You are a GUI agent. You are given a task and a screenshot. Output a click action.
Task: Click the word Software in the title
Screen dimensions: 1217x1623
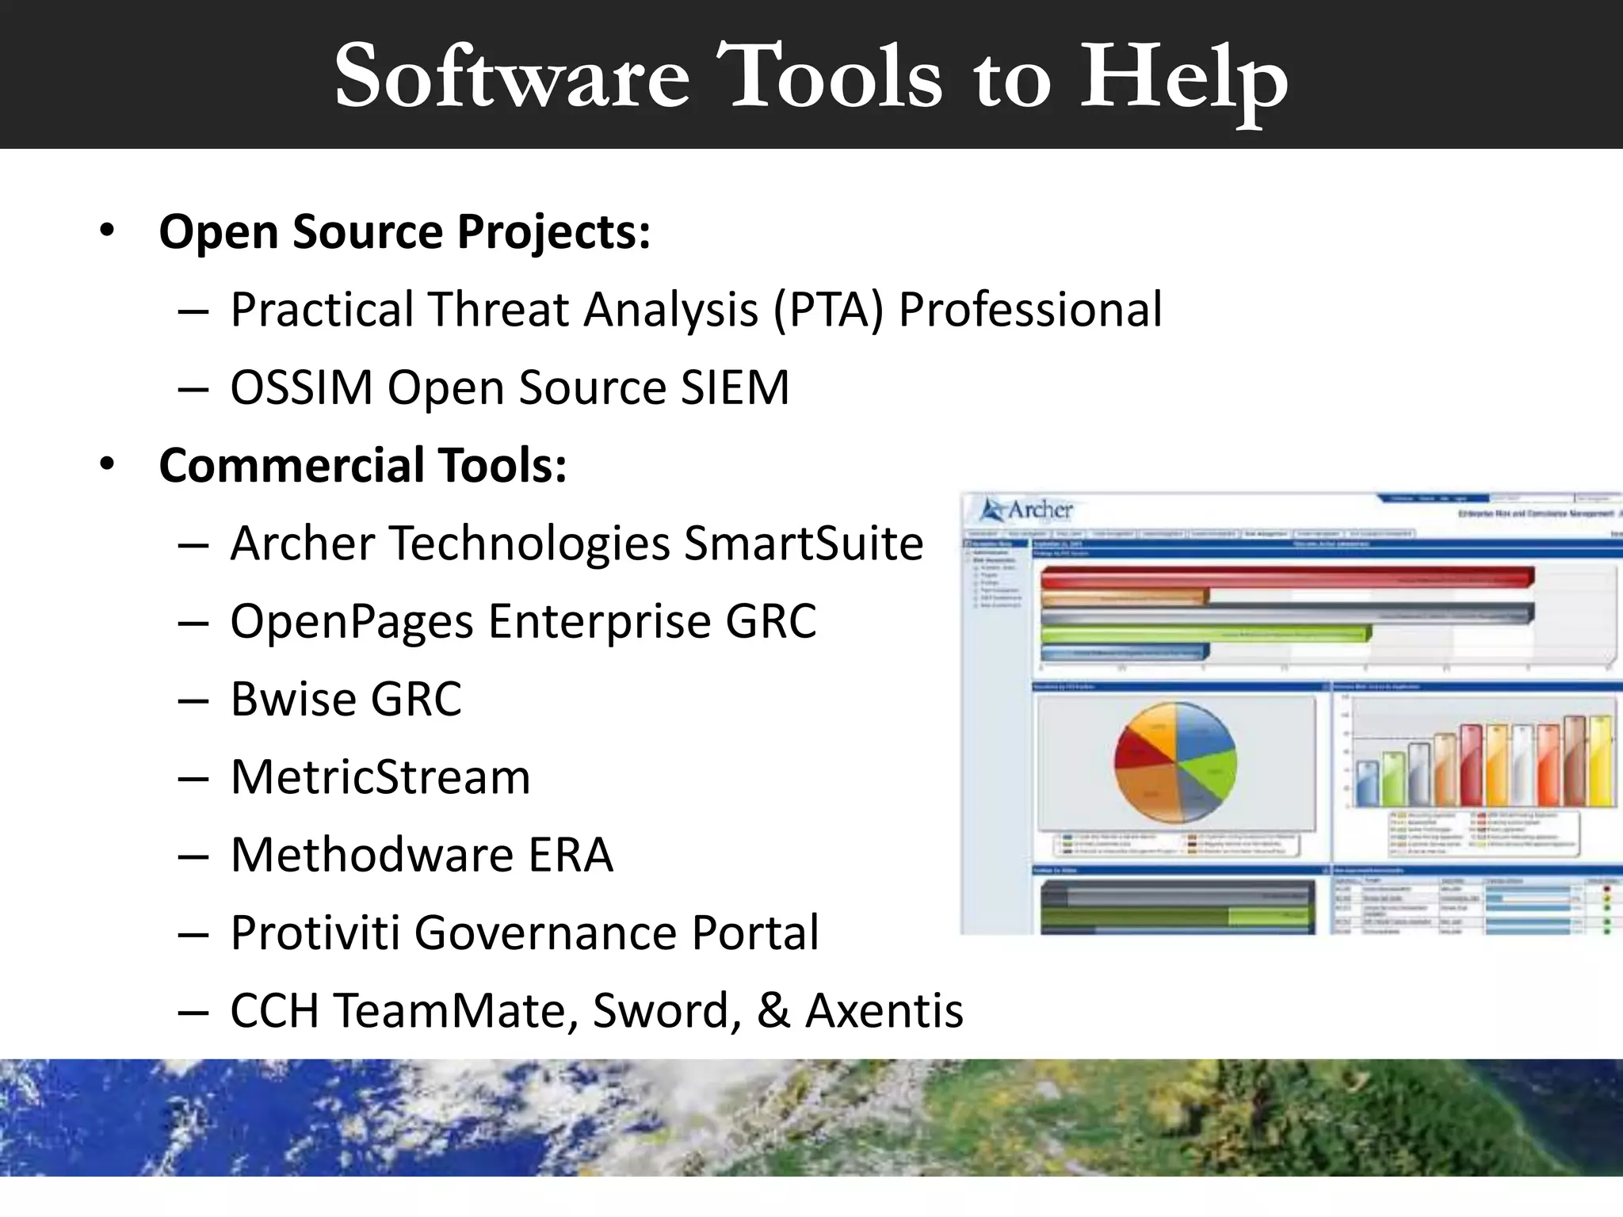point(512,77)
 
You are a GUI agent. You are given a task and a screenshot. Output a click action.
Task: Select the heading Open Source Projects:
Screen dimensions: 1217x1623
point(404,231)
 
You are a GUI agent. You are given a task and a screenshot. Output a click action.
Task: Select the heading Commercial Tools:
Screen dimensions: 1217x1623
point(363,465)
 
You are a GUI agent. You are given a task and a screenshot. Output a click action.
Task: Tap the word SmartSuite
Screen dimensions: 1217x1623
point(804,544)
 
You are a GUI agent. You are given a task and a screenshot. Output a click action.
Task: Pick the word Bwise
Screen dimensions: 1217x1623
point(290,699)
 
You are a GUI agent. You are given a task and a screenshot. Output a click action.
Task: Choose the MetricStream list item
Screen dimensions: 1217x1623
point(380,776)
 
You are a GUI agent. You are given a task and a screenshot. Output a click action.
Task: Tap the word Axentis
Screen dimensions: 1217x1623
point(884,1010)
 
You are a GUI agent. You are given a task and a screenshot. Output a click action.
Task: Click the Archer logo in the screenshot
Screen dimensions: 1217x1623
point(1027,509)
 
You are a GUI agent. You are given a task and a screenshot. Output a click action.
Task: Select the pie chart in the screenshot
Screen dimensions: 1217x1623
point(1174,761)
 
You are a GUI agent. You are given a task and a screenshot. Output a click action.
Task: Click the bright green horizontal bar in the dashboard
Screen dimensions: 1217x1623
point(1205,634)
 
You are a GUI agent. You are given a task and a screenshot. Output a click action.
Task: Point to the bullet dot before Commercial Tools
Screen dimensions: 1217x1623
point(107,464)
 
